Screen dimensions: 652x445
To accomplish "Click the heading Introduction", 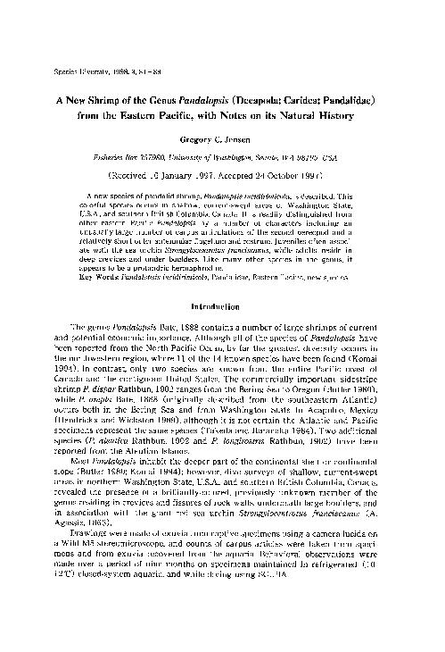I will [224, 305].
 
